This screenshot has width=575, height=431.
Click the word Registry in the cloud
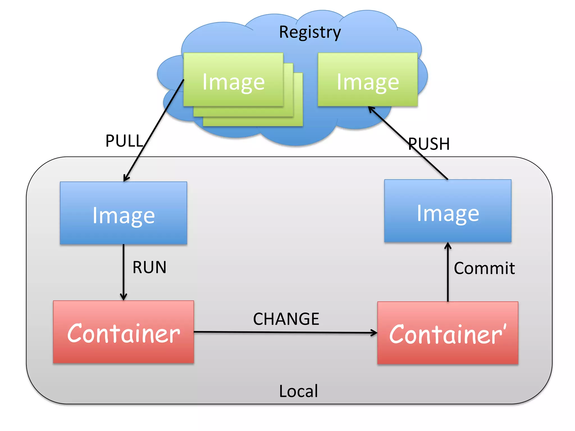(x=310, y=32)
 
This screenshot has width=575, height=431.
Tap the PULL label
(x=124, y=141)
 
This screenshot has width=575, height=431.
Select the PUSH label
(x=429, y=144)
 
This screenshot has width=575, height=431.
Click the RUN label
(x=149, y=267)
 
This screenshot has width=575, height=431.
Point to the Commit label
(x=484, y=268)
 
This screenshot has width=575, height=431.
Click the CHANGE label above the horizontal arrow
(x=286, y=319)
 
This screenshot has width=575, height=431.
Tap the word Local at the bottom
(x=298, y=391)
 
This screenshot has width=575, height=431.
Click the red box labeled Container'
(x=448, y=333)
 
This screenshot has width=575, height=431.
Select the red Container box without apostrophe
(x=124, y=332)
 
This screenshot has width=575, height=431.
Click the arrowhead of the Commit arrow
(x=448, y=245)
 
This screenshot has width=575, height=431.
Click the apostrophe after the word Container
(x=505, y=327)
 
